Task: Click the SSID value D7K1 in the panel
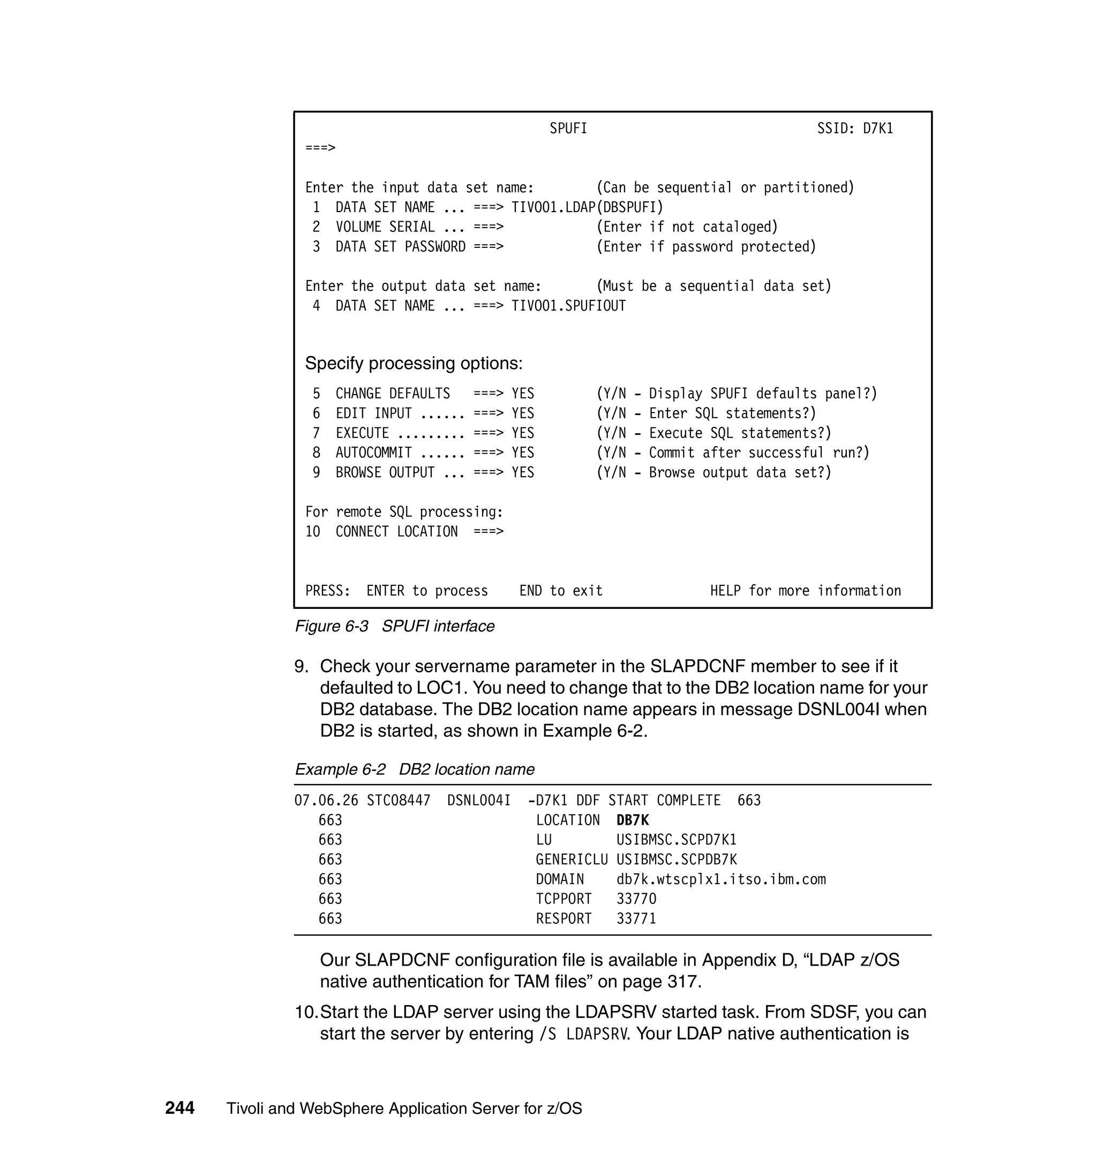click(x=878, y=129)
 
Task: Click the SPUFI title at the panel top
click(x=568, y=129)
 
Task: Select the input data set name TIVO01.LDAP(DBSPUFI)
click(x=587, y=208)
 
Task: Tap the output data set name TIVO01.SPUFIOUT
click(x=568, y=306)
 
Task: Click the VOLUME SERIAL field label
click(x=385, y=227)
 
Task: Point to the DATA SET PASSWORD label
click(x=400, y=247)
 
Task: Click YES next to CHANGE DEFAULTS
click(x=523, y=394)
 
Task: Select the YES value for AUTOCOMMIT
click(x=523, y=453)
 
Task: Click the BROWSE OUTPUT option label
click(x=385, y=472)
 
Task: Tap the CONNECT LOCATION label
click(x=396, y=531)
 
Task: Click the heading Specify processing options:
click(x=414, y=363)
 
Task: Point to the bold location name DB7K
click(x=633, y=820)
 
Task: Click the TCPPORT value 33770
click(x=636, y=899)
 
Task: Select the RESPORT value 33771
click(x=636, y=918)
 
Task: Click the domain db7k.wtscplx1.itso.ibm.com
click(x=721, y=879)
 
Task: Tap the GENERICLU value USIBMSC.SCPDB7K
click(x=677, y=860)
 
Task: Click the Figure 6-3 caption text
click(x=395, y=626)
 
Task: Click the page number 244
click(x=179, y=1108)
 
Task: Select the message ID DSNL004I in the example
click(x=479, y=800)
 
